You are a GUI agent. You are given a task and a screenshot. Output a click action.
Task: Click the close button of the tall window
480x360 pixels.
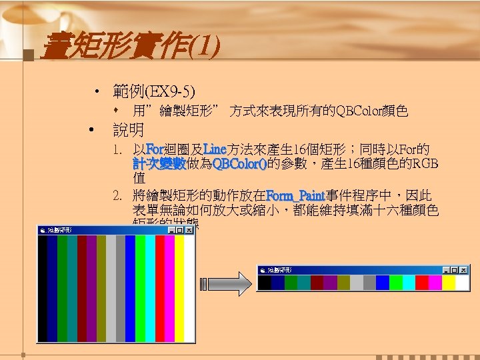coord(189,230)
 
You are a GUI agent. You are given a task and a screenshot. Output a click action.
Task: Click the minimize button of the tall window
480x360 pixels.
coord(172,230)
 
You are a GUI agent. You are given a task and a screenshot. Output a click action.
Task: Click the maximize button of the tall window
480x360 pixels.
coord(180,230)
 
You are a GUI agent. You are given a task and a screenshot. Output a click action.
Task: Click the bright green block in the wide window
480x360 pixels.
coord(396,283)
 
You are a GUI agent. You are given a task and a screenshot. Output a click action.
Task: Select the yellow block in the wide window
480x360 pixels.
coord(448,283)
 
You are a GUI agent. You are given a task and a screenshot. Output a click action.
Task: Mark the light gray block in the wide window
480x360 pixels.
coord(356,283)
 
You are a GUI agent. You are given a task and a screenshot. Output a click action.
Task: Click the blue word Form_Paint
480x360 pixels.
coord(295,195)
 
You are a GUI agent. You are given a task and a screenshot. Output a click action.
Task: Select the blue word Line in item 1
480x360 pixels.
coord(215,148)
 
